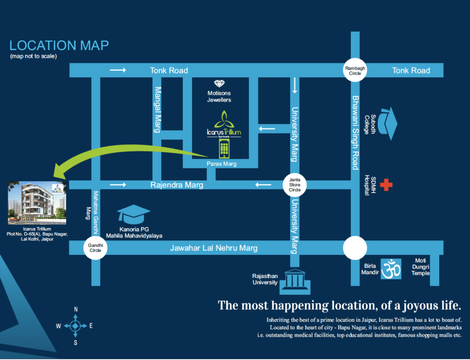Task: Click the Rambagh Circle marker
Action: (x=355, y=70)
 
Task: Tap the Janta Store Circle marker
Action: (x=295, y=185)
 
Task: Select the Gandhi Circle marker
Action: (x=95, y=248)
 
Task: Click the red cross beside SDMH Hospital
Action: (x=386, y=185)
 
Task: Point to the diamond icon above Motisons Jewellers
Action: (x=219, y=83)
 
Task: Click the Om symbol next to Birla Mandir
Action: (x=391, y=269)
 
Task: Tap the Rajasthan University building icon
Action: (x=295, y=282)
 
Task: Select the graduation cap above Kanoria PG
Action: (x=134, y=214)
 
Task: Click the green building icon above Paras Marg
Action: (x=224, y=149)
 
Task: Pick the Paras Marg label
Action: (x=222, y=164)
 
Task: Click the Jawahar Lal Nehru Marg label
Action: (x=214, y=248)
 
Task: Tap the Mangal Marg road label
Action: (x=157, y=110)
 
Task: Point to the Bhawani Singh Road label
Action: (x=355, y=133)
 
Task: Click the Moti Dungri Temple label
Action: (x=420, y=266)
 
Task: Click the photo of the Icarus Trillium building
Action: (x=37, y=203)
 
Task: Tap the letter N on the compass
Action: (x=76, y=309)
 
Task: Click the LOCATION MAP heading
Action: (x=59, y=45)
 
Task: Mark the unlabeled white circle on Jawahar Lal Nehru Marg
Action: (x=355, y=248)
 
